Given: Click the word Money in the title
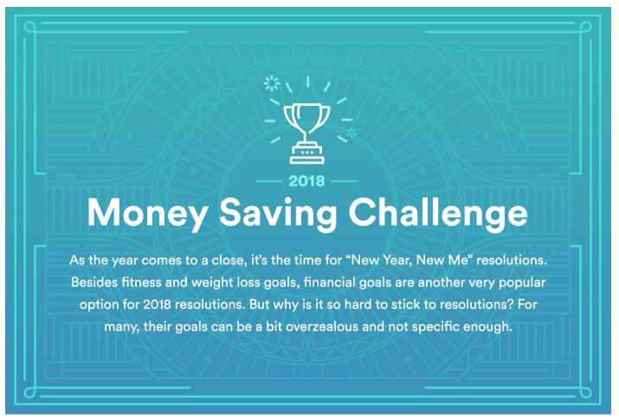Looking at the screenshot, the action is pos(147,213).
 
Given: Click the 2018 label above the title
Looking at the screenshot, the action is pos(306,181).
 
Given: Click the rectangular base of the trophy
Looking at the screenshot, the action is pos(306,155).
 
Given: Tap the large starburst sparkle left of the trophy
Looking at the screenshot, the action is pos(272,83).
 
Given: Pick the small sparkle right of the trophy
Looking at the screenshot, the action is pos(351,132).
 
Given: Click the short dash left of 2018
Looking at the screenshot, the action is pos(269,181).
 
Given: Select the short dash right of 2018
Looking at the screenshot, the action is pos(345,181).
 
